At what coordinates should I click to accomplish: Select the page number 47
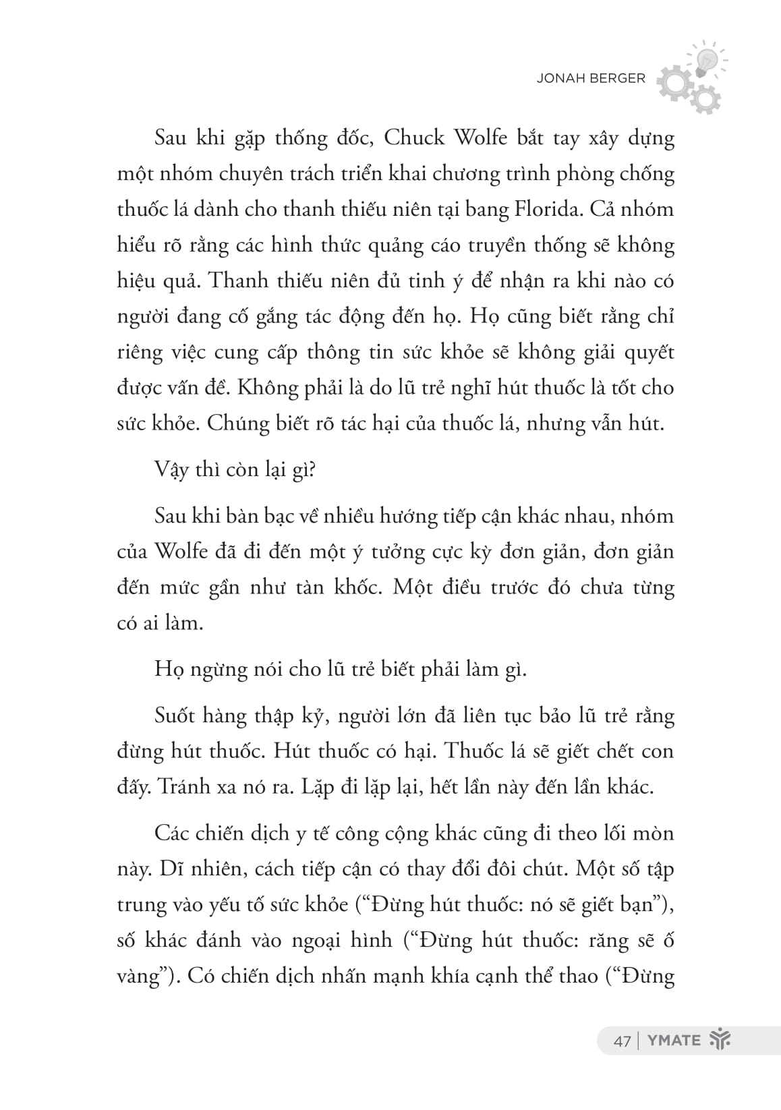(622, 1041)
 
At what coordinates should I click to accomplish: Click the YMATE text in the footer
(674, 1040)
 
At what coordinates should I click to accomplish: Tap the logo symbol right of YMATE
(720, 1040)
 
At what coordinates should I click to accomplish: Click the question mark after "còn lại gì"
(312, 469)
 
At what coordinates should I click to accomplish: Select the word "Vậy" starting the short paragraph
(172, 469)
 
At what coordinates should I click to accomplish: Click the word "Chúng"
(237, 423)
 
